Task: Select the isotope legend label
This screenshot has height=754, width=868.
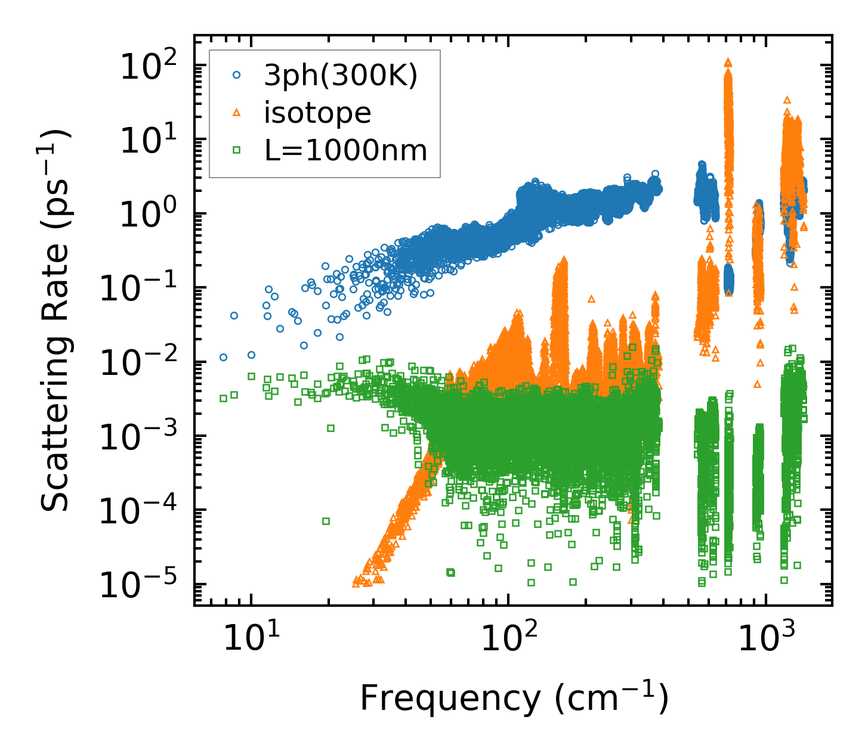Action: pyautogui.click(x=317, y=113)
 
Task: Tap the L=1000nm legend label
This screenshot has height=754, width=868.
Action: pyautogui.click(x=346, y=150)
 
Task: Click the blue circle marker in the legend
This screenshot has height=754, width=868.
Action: pyautogui.click(x=237, y=76)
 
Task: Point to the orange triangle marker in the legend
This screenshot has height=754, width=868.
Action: pyautogui.click(x=237, y=113)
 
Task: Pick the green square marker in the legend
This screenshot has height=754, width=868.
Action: pyautogui.click(x=237, y=150)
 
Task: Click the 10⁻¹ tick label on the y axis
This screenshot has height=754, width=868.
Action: pyautogui.click(x=143, y=288)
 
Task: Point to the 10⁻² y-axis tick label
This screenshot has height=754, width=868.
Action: pyautogui.click(x=143, y=362)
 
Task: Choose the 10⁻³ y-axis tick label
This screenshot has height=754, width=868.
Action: pyautogui.click(x=143, y=436)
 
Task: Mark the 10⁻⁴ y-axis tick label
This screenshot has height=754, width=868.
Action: pyautogui.click(x=143, y=510)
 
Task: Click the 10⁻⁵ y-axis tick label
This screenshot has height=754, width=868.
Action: pyautogui.click(x=143, y=584)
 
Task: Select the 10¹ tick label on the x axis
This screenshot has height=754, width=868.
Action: pyautogui.click(x=251, y=638)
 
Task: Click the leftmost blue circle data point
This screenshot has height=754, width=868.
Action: pyautogui.click(x=223, y=357)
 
